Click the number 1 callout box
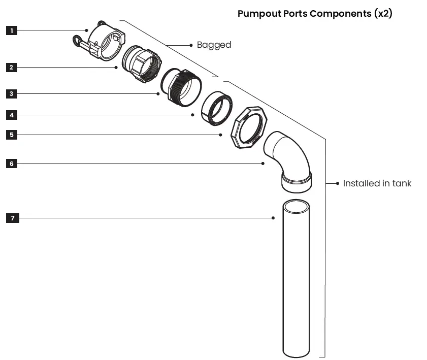[x=12, y=30]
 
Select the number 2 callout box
[x=12, y=67]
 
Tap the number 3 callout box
[x=12, y=94]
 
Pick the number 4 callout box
[x=12, y=115]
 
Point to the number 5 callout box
[x=12, y=135]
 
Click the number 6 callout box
[x=12, y=163]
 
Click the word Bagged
[x=214, y=45]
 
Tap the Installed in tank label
[x=377, y=183]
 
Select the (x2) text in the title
[x=383, y=14]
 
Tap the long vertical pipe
[x=296, y=279]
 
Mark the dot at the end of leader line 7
[x=273, y=218]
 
